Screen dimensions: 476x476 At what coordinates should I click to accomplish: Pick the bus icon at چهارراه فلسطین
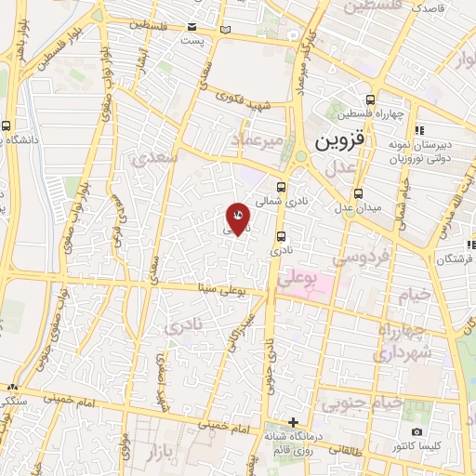pos(372,99)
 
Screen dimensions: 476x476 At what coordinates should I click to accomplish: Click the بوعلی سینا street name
pos(220,290)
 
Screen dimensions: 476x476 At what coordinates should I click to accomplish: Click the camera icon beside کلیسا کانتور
pos(416,432)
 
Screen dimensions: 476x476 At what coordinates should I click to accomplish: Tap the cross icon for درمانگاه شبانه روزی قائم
pos(293,422)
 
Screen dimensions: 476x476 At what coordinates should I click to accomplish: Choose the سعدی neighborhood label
pos(155,158)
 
